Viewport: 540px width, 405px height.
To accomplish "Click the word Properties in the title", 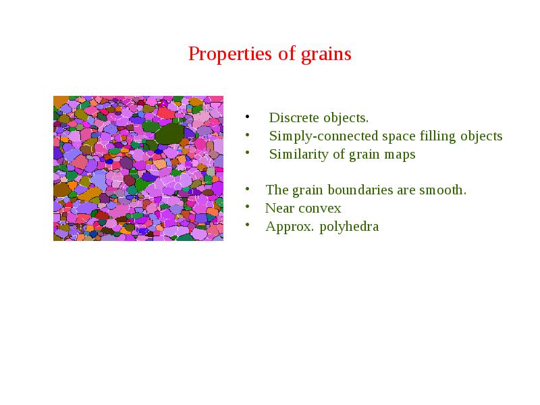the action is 230,55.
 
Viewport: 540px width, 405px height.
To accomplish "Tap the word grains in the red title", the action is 326,55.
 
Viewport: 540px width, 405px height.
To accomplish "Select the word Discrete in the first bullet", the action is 294,117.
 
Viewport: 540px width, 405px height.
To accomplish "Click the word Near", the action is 279,209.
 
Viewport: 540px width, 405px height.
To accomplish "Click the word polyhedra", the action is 349,227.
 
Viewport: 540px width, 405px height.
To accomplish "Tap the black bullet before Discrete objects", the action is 247,117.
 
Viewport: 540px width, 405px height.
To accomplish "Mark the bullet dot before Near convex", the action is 247,207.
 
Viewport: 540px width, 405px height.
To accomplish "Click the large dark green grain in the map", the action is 170,134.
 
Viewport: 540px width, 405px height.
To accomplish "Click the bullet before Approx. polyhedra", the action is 247,225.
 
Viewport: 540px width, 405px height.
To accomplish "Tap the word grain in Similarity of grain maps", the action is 364,155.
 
